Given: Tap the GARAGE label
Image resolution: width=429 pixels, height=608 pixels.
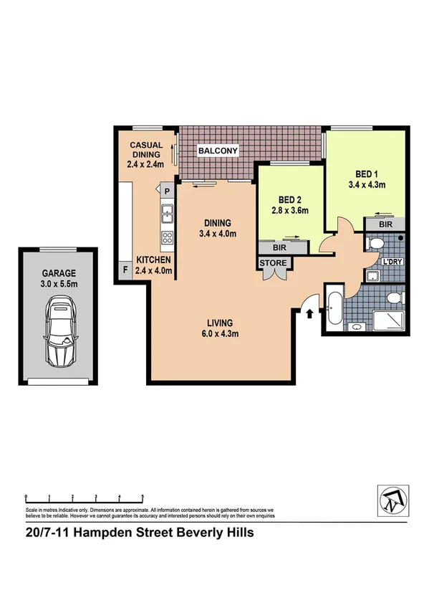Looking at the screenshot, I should (59, 274).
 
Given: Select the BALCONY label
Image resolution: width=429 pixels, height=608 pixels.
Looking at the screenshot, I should (218, 151).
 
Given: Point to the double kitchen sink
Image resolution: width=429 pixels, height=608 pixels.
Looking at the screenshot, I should (167, 212).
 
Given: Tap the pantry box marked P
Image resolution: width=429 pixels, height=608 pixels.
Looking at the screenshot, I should (167, 191).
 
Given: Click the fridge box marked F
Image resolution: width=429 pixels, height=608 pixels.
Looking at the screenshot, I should (124, 270).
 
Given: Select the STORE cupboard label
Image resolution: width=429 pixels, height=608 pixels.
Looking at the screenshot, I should (273, 264).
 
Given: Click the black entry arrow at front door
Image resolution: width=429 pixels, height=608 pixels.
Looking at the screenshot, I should (310, 313).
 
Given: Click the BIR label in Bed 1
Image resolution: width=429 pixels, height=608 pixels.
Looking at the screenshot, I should (386, 224).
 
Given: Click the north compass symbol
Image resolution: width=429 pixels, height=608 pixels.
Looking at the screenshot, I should (390, 498).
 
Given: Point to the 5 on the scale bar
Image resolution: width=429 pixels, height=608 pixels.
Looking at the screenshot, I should (143, 497).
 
